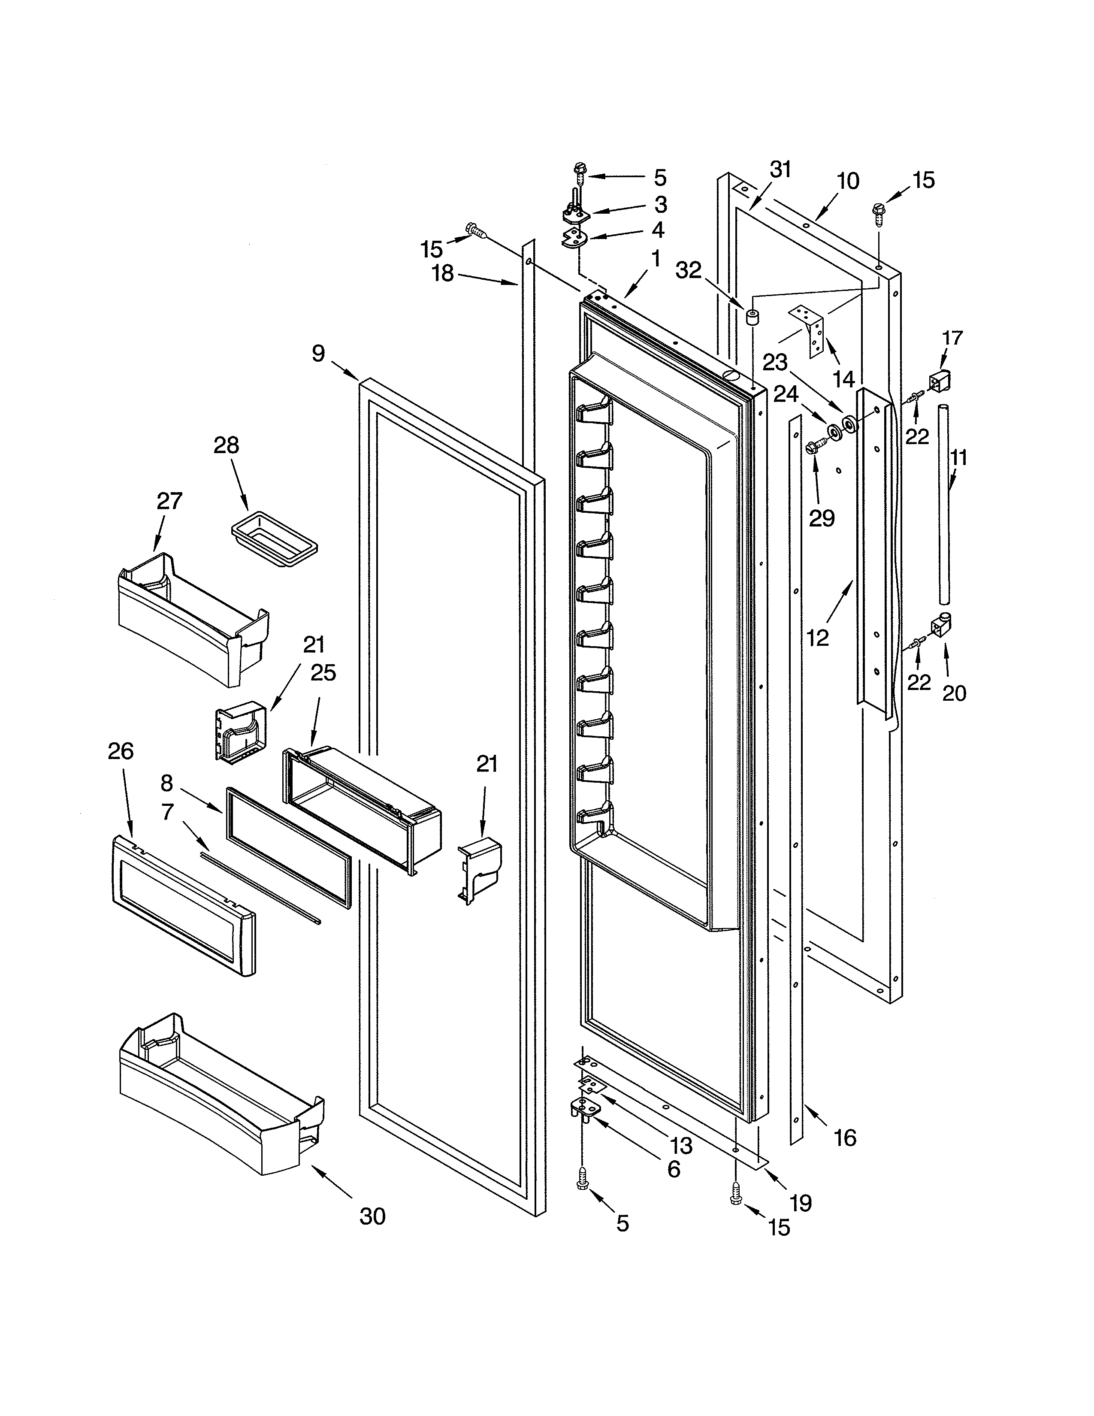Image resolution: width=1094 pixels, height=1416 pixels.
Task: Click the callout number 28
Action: click(x=226, y=445)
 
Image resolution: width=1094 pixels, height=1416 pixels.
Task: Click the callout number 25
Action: click(x=323, y=673)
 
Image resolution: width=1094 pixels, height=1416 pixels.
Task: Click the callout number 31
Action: click(x=780, y=170)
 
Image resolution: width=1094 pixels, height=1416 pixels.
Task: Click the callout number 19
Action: click(x=801, y=1203)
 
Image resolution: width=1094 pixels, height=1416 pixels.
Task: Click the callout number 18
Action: click(x=443, y=274)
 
